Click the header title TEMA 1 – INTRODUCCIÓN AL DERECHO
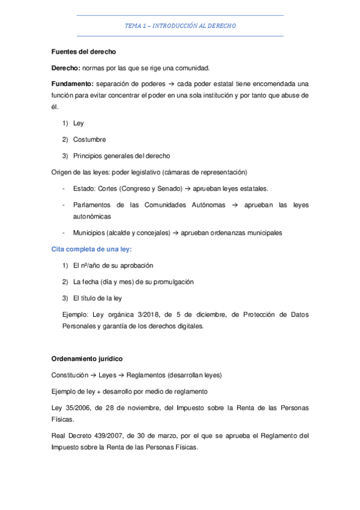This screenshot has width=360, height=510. (180, 26)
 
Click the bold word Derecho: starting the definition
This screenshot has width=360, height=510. (65, 68)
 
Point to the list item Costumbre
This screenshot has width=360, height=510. (89, 139)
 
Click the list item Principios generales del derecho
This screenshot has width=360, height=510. (122, 155)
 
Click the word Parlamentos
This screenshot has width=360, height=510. (93, 204)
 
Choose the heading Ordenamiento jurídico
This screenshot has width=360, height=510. (87, 358)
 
